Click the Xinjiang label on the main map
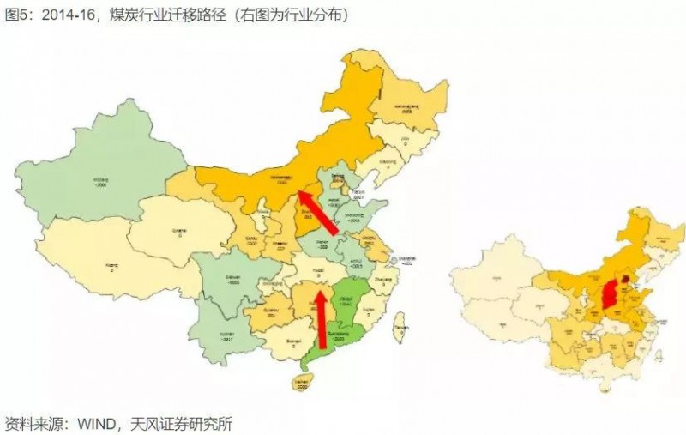coord(105,182)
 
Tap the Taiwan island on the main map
coord(400,328)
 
